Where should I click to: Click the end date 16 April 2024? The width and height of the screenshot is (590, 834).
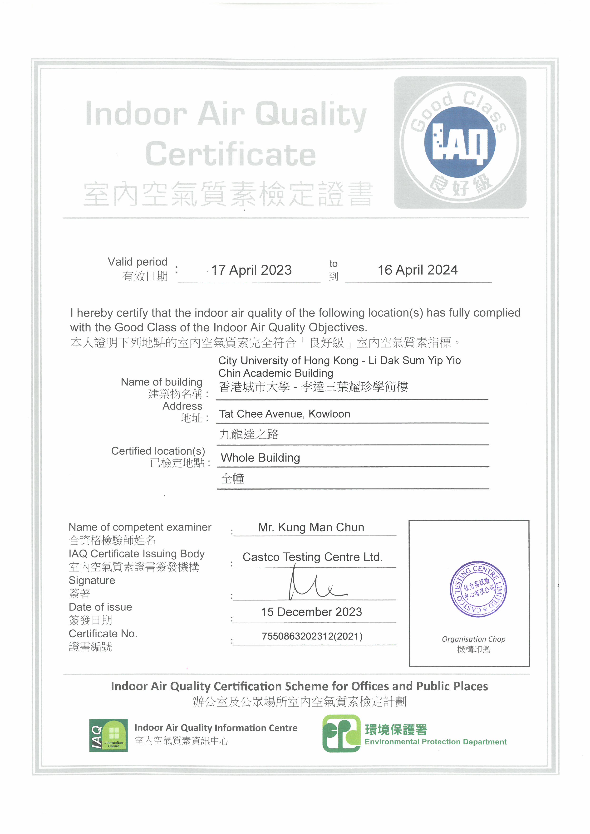pyautogui.click(x=418, y=270)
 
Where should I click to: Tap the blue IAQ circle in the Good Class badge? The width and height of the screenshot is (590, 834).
pyautogui.click(x=460, y=142)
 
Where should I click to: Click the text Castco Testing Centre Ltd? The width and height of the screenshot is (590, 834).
pyautogui.click(x=312, y=557)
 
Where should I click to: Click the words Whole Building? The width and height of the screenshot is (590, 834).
pyautogui.click(x=261, y=458)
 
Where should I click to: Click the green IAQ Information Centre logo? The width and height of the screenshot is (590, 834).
pyautogui.click(x=108, y=735)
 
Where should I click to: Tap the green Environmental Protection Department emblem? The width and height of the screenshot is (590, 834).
pyautogui.click(x=341, y=733)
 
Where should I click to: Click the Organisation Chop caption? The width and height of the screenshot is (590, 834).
pyautogui.click(x=473, y=639)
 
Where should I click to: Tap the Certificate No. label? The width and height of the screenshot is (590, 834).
pyautogui.click(x=103, y=634)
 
